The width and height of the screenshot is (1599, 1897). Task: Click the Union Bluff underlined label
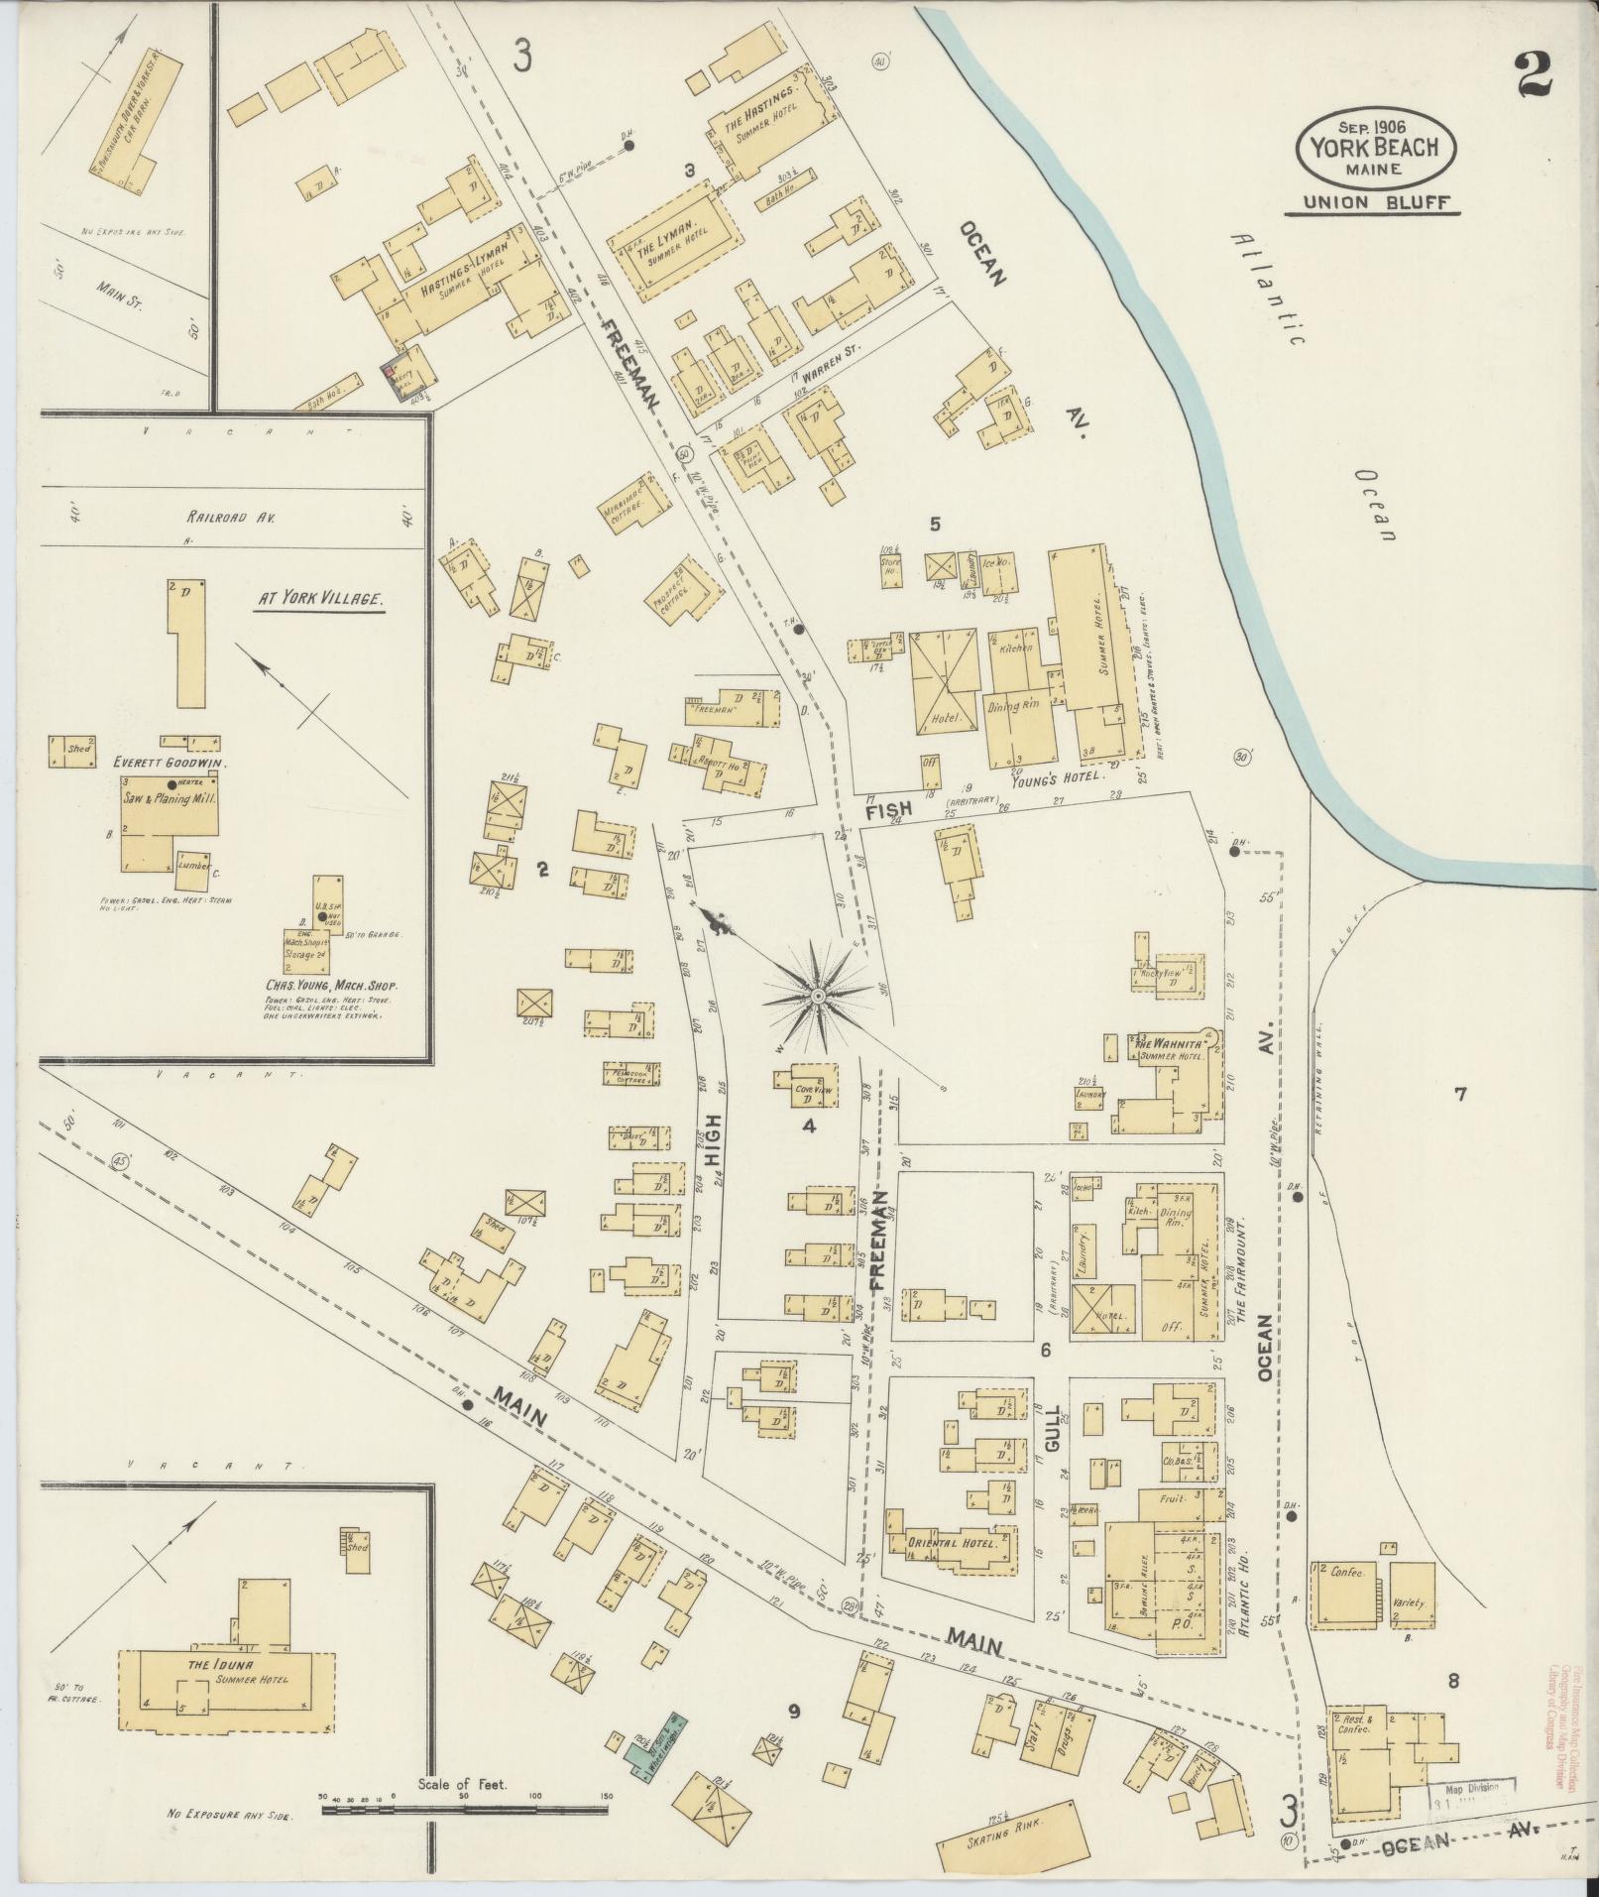tap(1374, 203)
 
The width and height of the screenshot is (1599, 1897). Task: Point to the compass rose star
tap(818, 995)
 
